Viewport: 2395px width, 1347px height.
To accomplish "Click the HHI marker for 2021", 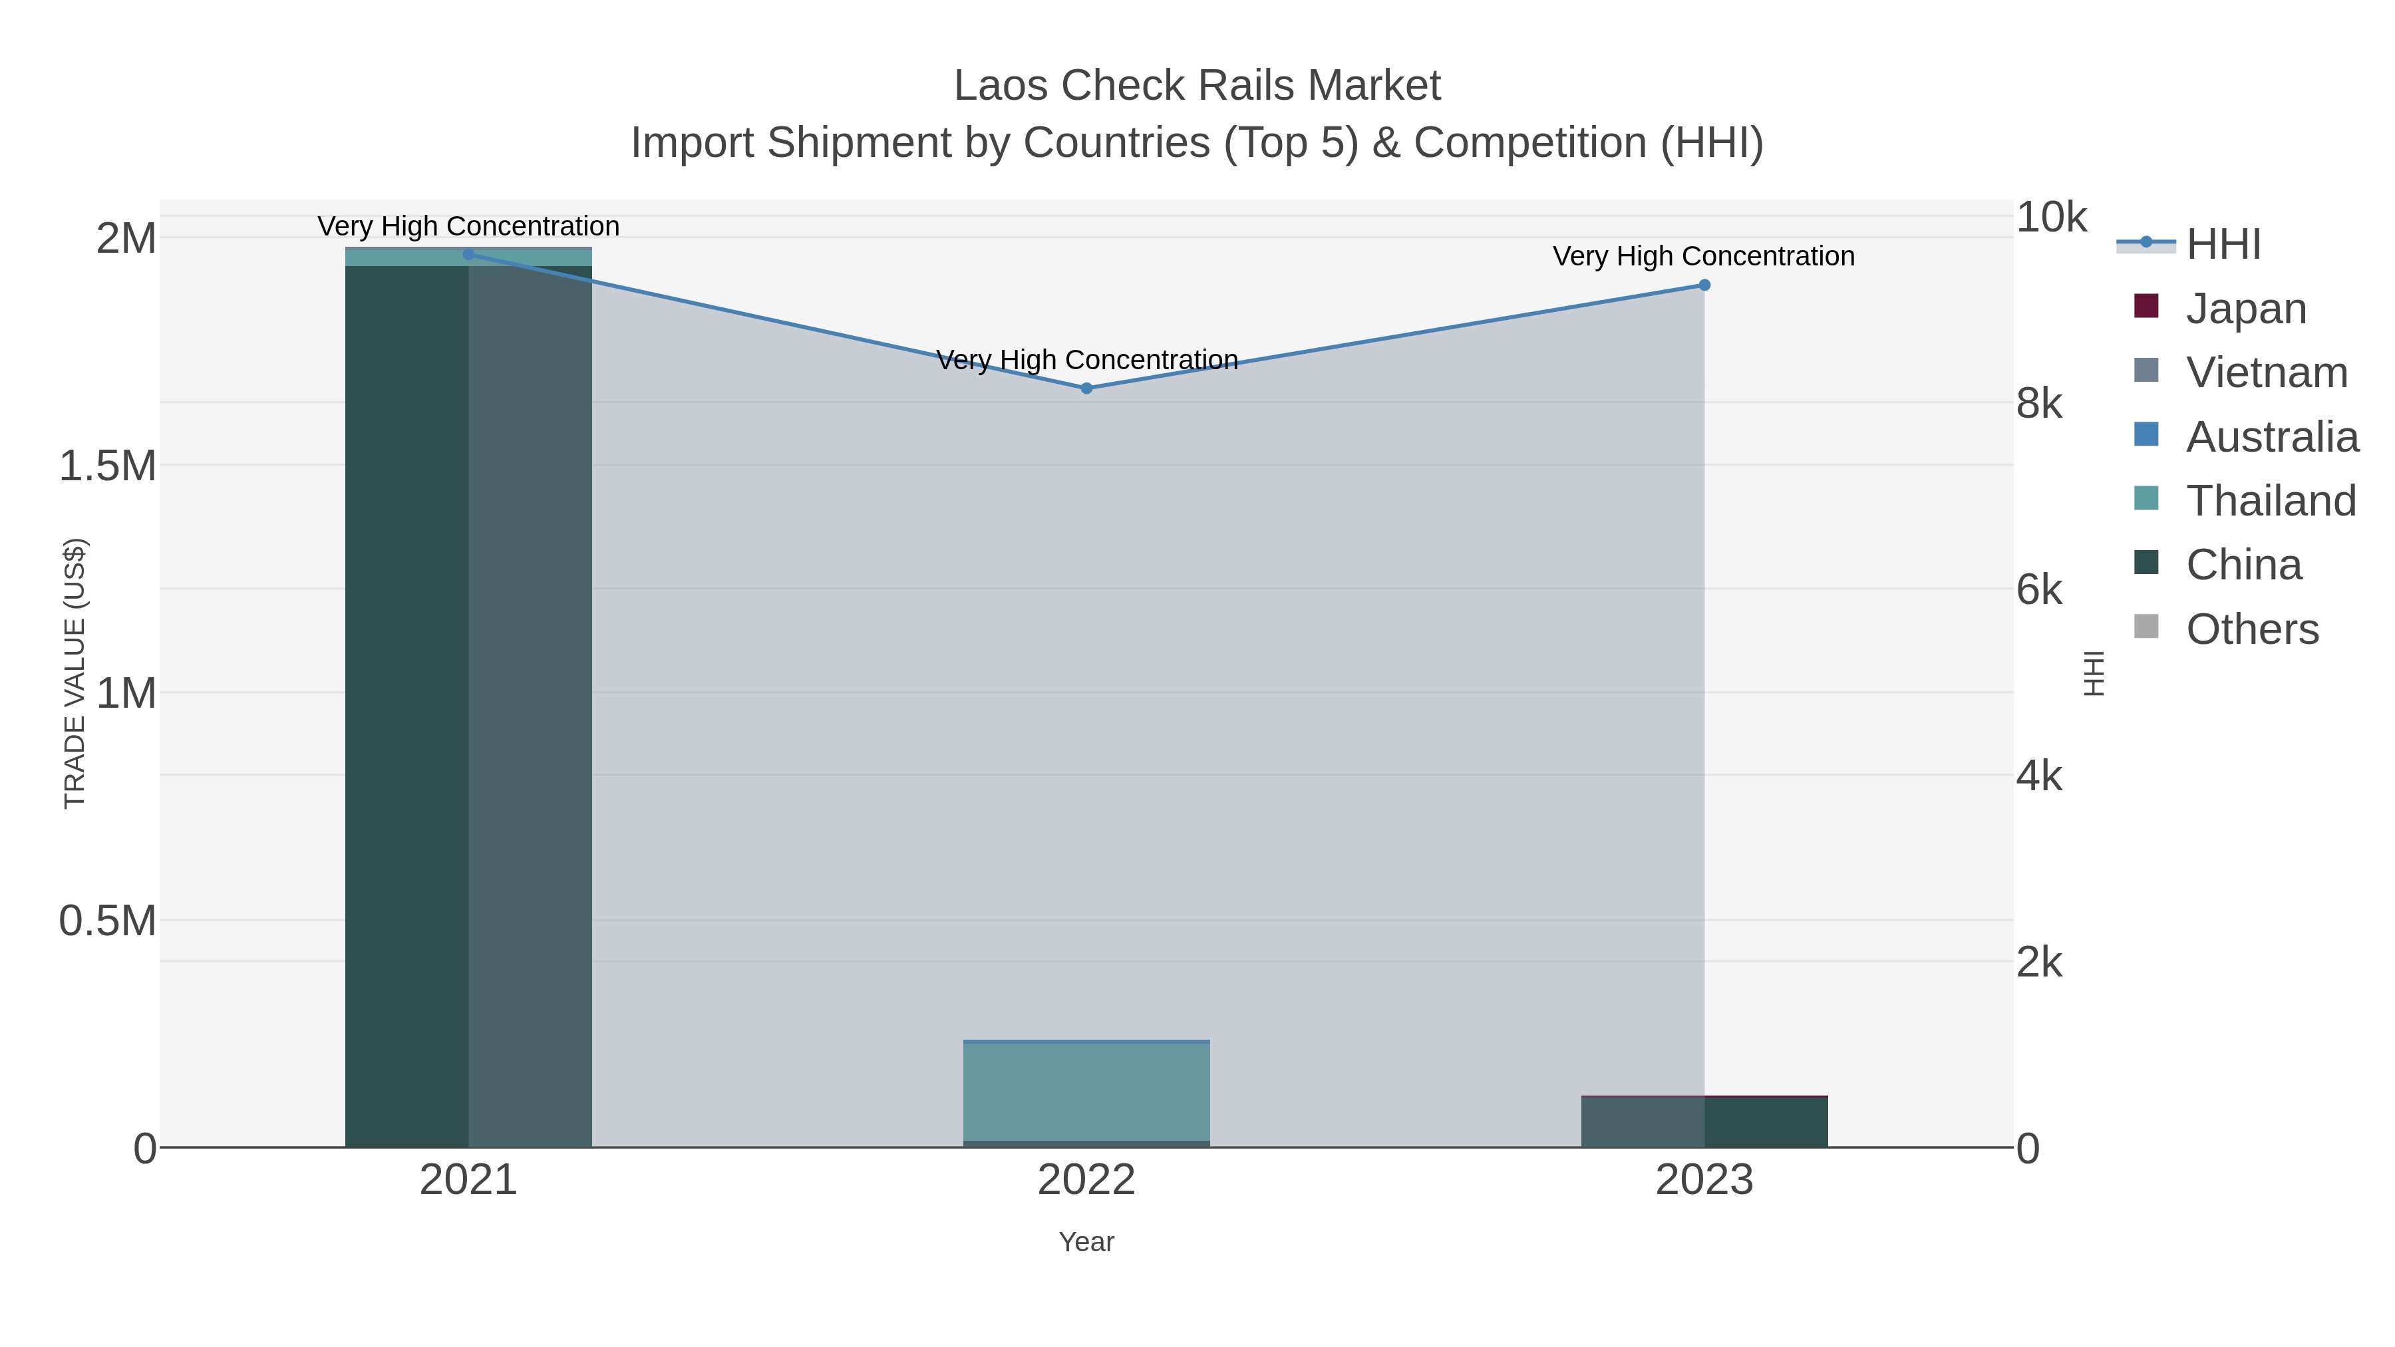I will (x=468, y=255).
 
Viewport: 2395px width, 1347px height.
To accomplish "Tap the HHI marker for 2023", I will (x=1704, y=285).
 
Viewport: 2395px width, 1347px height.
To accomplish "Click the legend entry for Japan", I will (x=2245, y=309).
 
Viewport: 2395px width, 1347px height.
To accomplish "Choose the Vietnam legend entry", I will (x=2266, y=373).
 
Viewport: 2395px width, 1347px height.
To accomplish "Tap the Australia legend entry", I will (x=2271, y=437).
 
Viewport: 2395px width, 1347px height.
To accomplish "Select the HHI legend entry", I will (x=2222, y=245).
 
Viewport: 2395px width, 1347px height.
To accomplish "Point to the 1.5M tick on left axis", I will (x=108, y=466).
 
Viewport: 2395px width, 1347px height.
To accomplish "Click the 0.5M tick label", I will (x=108, y=921).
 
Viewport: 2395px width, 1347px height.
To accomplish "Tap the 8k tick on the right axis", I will (x=2040, y=404).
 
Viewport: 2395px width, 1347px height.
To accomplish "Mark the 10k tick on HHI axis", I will (x=2051, y=218).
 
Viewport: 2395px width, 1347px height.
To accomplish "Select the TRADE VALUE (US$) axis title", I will (x=75, y=673).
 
